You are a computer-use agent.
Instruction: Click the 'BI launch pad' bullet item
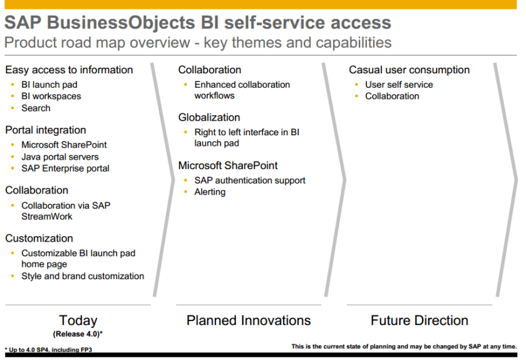pos(49,85)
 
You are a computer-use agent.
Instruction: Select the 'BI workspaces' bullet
pos(51,96)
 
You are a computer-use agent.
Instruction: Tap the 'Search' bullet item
pos(36,108)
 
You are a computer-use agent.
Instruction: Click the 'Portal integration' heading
pos(46,130)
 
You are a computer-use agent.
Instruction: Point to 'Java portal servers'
pos(60,157)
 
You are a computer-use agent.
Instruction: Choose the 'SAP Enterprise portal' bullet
pos(65,168)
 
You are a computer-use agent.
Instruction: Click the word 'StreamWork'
pos(47,217)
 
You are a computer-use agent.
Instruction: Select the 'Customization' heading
pos(39,239)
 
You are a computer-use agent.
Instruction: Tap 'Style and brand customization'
pos(83,276)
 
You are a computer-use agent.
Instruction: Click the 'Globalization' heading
pos(209,118)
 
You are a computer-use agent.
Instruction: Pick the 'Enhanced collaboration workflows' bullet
pos(242,90)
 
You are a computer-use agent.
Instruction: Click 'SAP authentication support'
pos(250,180)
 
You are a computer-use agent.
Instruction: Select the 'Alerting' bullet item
pos(210,192)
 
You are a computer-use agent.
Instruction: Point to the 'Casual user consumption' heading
pos(409,70)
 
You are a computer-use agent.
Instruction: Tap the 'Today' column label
pos(78,321)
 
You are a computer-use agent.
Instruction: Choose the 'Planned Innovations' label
pos(249,321)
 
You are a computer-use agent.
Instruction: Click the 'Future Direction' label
pos(420,321)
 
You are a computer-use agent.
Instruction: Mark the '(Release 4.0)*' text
pos(78,334)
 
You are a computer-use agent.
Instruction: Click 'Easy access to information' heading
pos(69,70)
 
